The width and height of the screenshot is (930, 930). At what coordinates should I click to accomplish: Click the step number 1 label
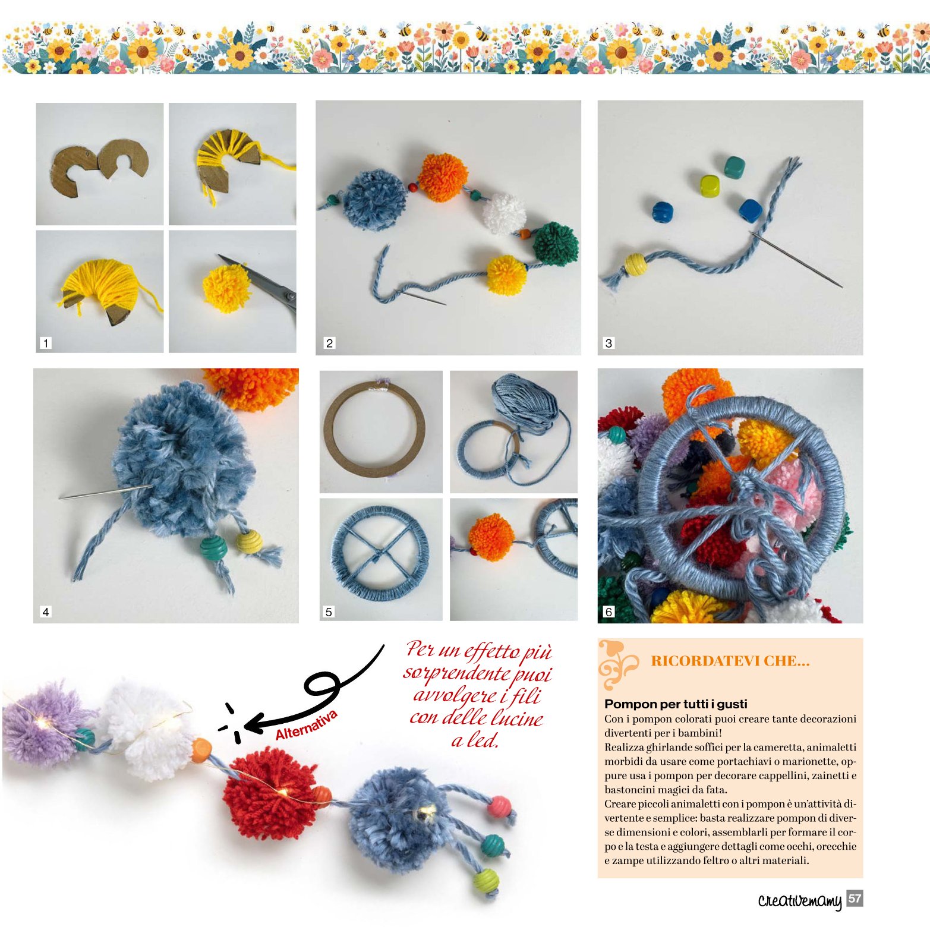(46, 343)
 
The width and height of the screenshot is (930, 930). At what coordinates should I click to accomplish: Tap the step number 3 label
(608, 343)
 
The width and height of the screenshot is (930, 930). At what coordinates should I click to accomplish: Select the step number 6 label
(608, 611)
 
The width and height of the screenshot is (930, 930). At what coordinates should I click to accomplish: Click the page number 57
(855, 899)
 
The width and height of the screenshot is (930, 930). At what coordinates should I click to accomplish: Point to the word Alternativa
(306, 725)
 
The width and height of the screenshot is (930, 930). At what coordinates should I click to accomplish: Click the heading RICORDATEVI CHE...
(730, 661)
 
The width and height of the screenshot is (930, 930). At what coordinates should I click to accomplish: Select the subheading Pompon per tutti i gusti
(676, 704)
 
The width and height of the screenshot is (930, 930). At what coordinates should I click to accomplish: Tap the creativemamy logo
(800, 900)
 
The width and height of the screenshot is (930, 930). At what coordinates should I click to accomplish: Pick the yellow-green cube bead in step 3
(710, 186)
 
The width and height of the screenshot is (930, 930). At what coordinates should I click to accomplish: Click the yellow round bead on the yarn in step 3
(635, 264)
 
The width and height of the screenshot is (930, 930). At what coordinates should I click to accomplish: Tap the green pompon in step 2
(555, 242)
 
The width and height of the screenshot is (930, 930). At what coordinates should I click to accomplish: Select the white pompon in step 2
(504, 213)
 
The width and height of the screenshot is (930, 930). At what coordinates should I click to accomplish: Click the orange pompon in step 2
(443, 176)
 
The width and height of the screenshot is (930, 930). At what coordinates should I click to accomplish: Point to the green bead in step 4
(214, 546)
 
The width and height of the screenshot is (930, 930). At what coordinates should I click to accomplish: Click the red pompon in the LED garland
(270, 792)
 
